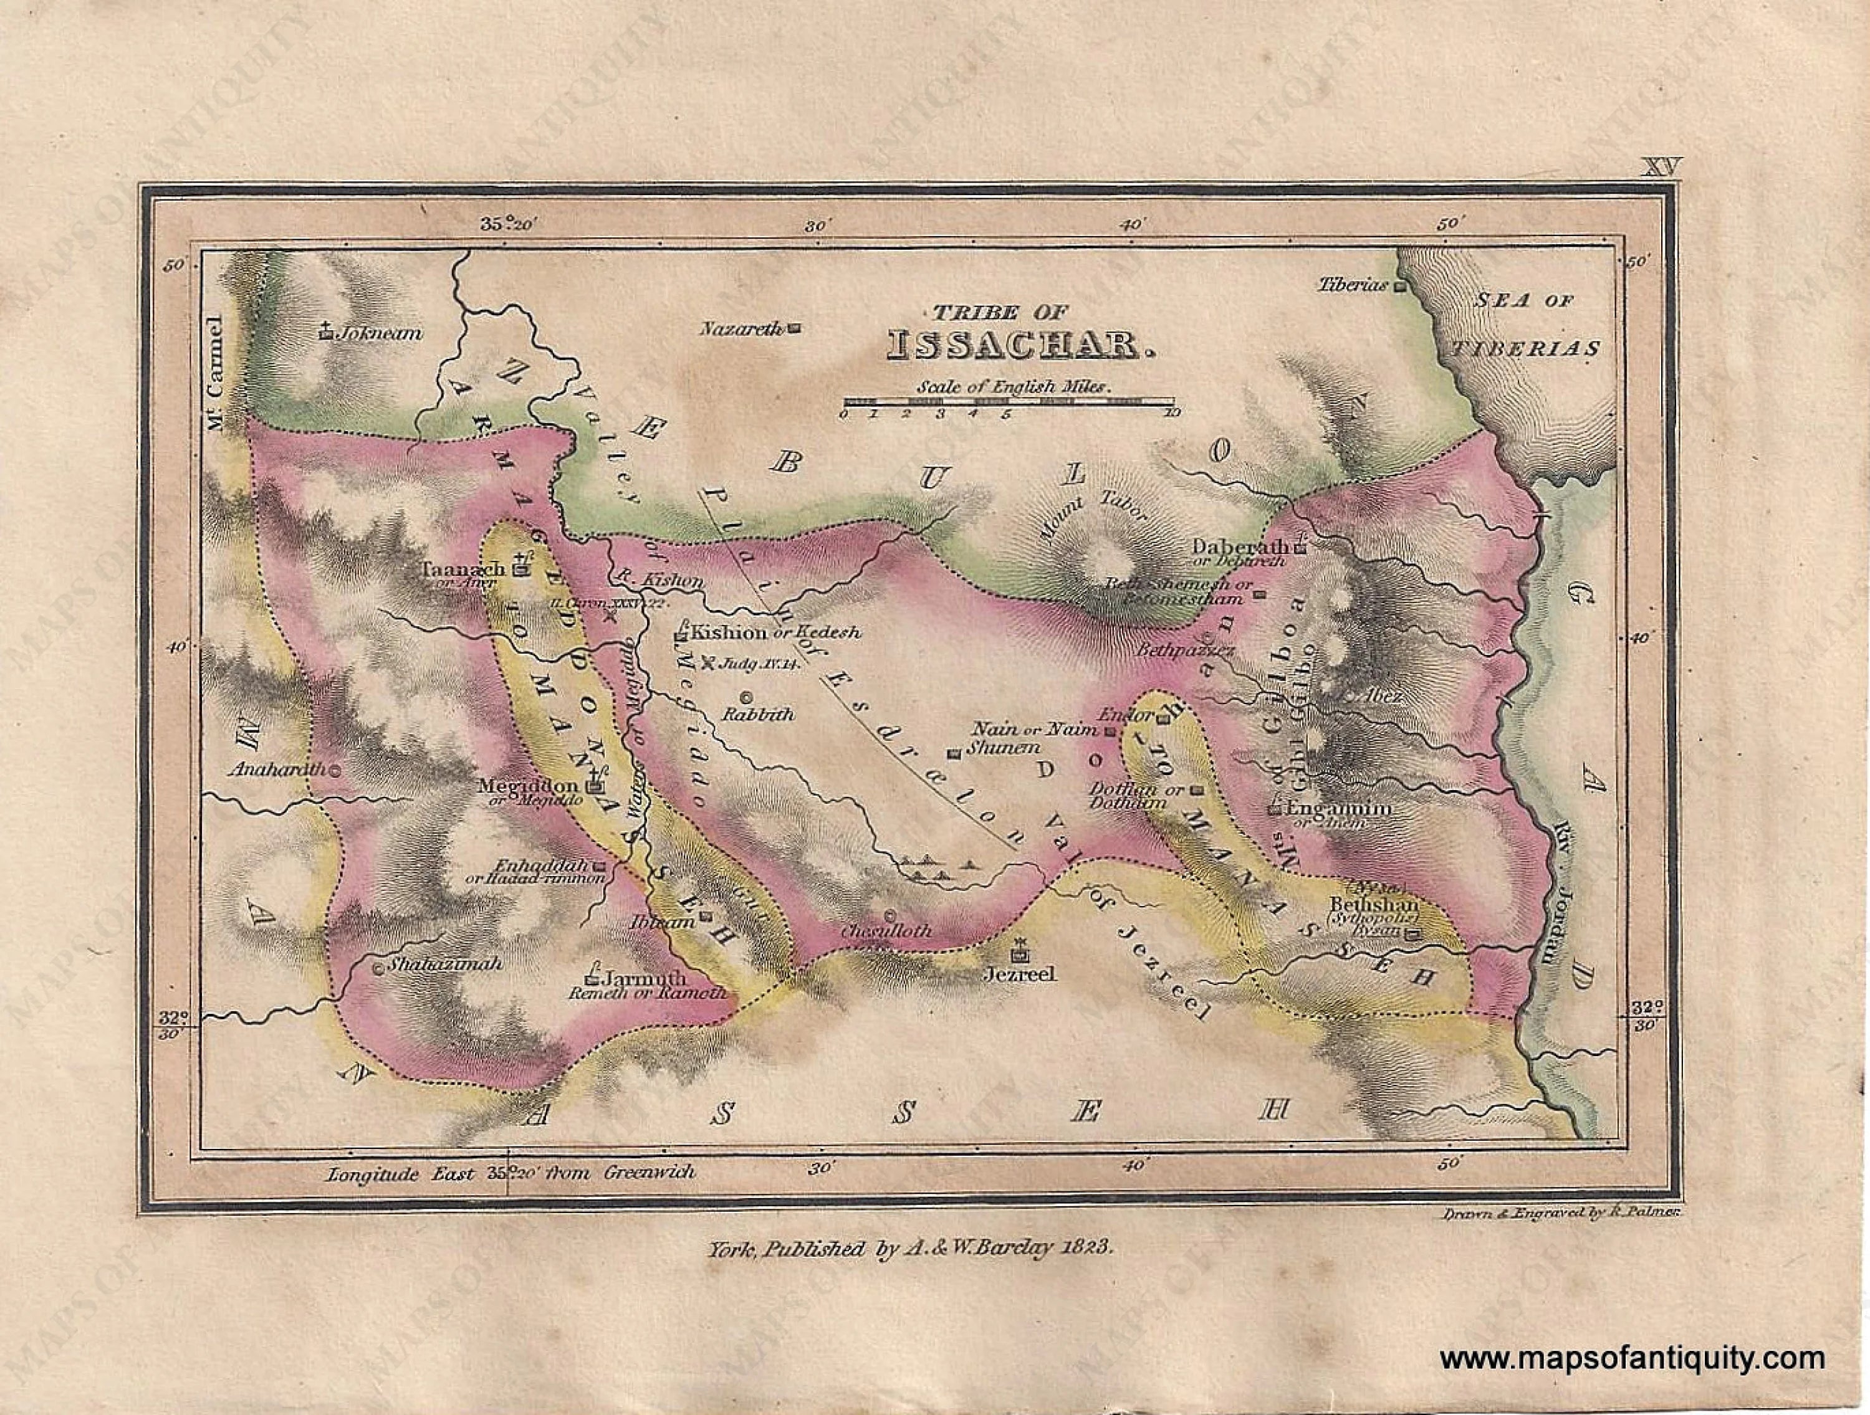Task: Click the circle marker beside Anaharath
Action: coord(335,770)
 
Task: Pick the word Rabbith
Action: coord(757,714)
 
